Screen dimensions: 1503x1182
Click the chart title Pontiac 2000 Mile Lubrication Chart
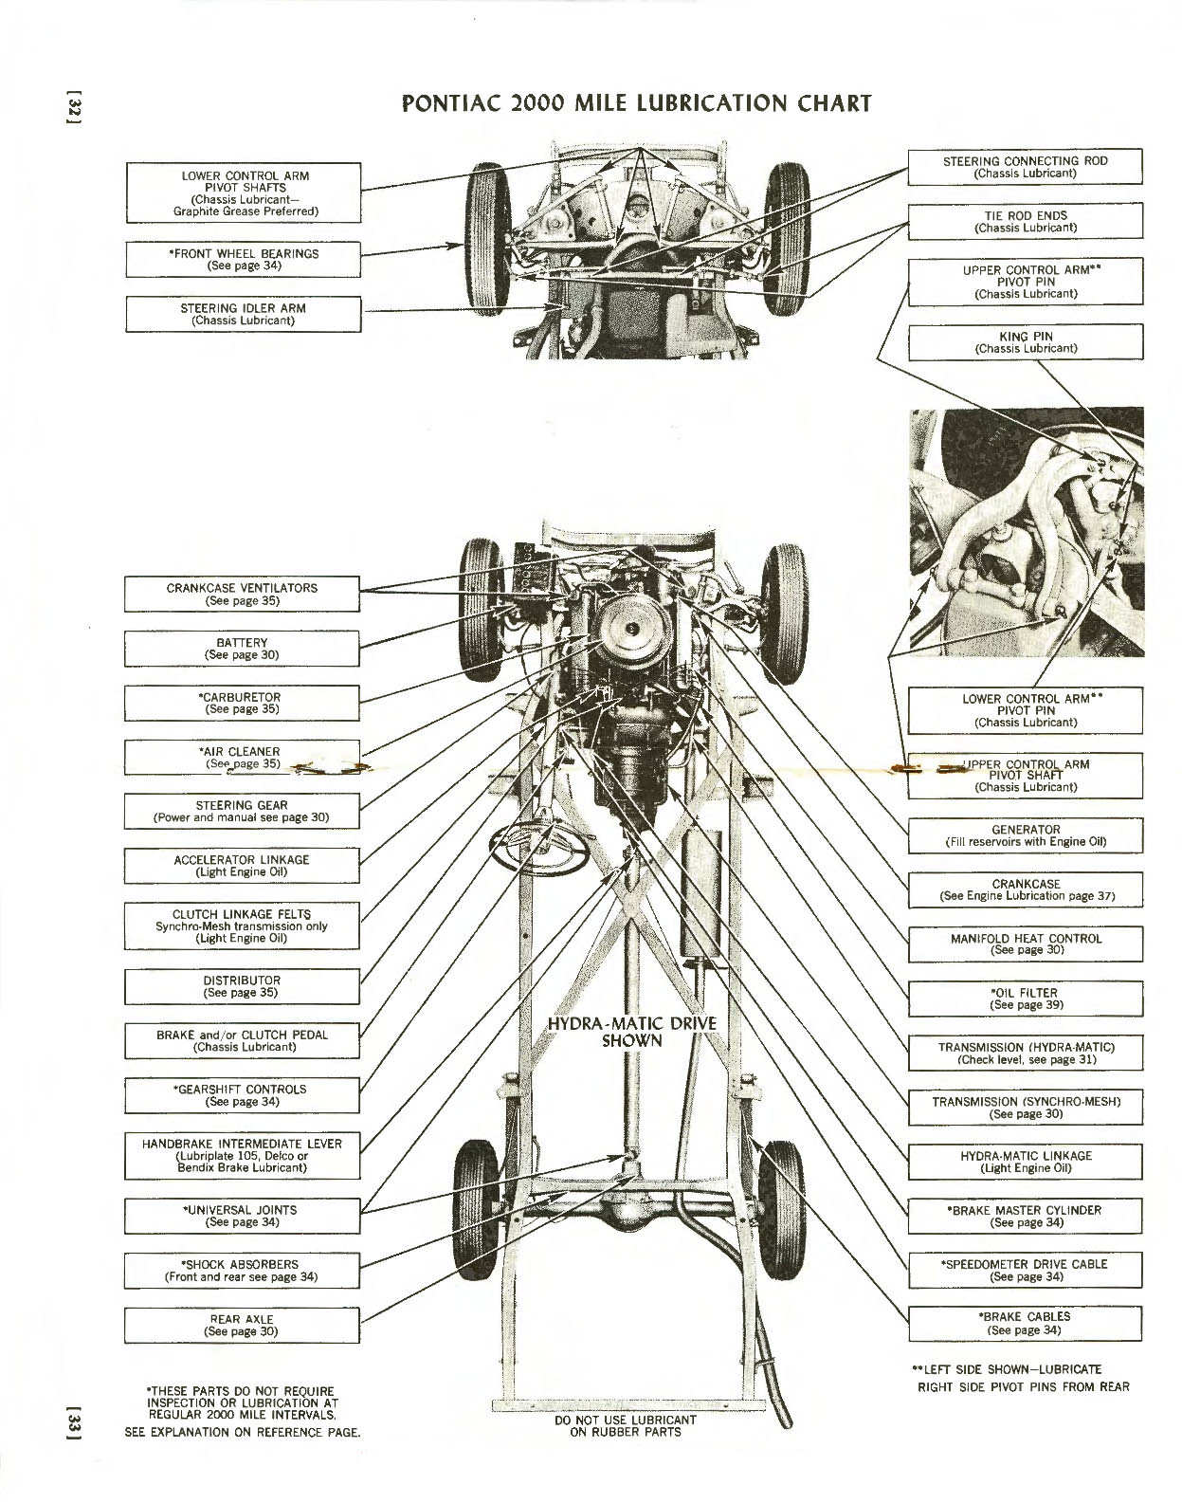pyautogui.click(x=636, y=103)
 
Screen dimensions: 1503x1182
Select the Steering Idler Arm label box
pyautogui.click(x=244, y=314)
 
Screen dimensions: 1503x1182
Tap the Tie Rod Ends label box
pyautogui.click(x=1025, y=222)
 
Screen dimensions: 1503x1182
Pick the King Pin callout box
pyautogui.click(x=1025, y=342)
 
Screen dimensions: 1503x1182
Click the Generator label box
pyautogui.click(x=1025, y=835)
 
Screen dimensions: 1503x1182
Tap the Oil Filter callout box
pyautogui.click(x=1025, y=999)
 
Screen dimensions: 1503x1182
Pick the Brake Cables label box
pyautogui.click(x=1025, y=1323)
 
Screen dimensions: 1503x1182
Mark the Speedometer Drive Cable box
pyautogui.click(x=1025, y=1270)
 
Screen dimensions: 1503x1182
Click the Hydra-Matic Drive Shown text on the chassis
pyautogui.click(x=632, y=1032)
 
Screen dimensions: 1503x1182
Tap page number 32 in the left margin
pyautogui.click(x=77, y=107)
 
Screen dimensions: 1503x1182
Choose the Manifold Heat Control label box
pyautogui.click(x=1025, y=944)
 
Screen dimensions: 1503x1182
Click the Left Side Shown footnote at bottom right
pyautogui.click(x=1022, y=1378)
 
